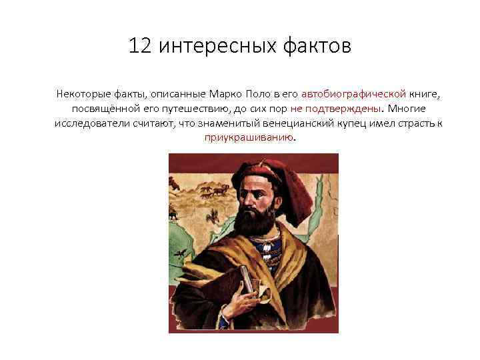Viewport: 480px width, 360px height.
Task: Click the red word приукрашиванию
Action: pos(249,138)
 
